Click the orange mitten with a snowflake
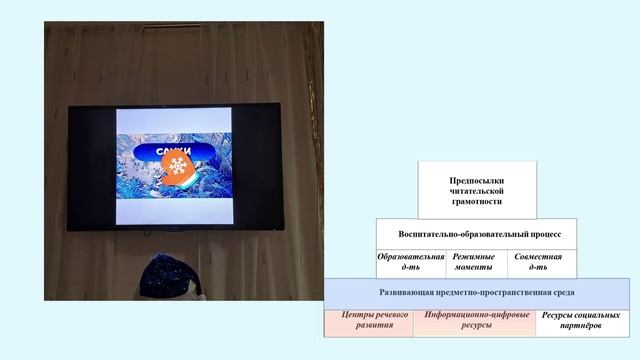(178, 166)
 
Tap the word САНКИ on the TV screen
(174, 152)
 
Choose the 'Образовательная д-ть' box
(410, 262)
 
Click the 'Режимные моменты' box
(473, 262)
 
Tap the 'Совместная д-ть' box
(538, 262)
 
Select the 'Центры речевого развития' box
(367, 322)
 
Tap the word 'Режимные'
(473, 257)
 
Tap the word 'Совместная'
(538, 257)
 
